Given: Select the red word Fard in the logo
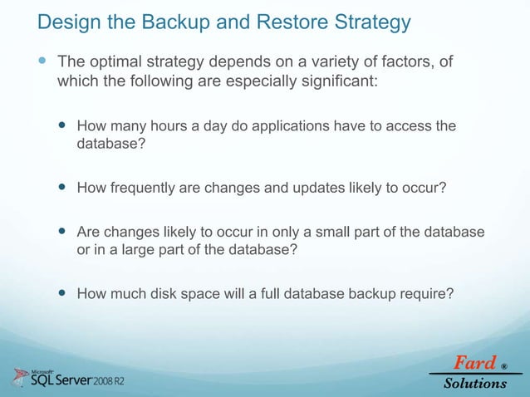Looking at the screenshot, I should [473, 364].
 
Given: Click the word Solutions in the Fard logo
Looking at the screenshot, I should [474, 383].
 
